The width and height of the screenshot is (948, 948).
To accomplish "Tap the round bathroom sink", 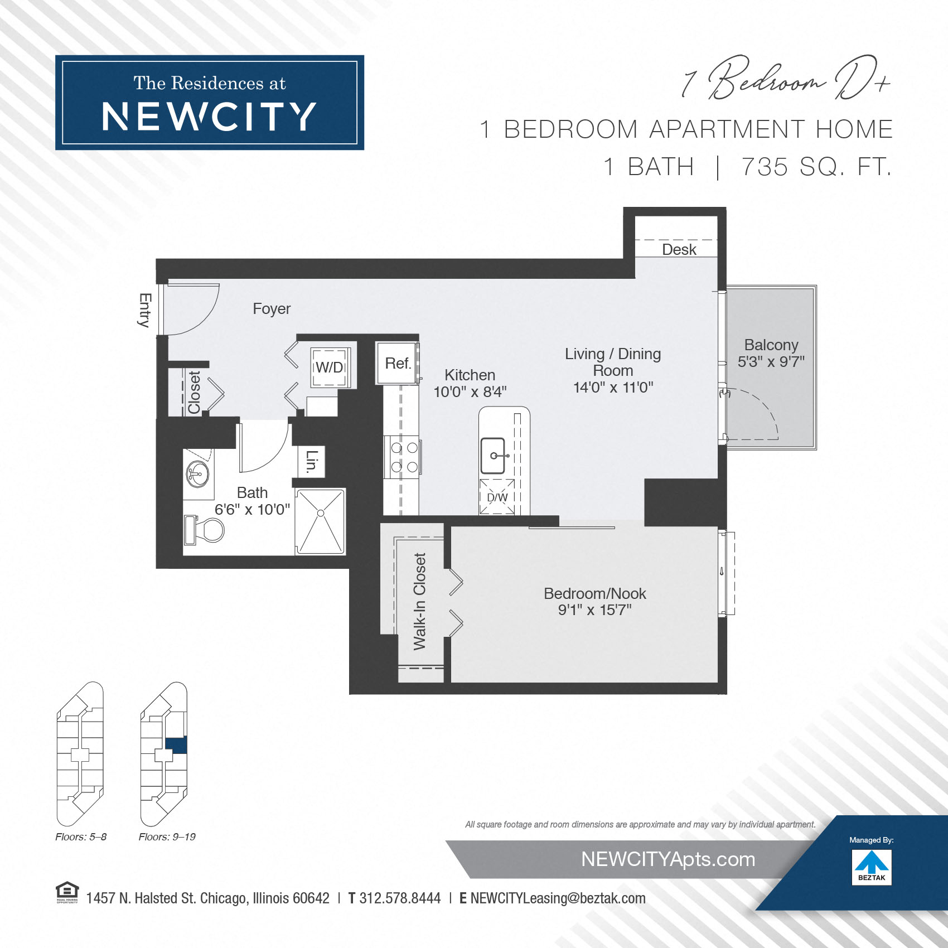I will point(197,474).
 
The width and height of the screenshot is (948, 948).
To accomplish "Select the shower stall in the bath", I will point(320,521).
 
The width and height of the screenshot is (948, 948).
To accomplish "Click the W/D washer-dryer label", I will point(330,367).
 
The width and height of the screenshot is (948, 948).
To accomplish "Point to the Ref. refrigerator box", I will point(398,364).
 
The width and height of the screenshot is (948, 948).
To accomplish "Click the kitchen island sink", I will point(494,456).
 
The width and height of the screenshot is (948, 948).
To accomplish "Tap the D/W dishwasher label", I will point(497,497).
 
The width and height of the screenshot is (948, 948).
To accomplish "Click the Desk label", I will point(679,249).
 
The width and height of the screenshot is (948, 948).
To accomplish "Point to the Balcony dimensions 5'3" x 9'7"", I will point(771,362).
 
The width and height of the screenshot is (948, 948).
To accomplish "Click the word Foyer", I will point(272,309).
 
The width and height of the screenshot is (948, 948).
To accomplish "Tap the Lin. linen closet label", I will point(311,461).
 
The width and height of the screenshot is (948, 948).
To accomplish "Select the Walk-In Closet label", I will point(419,601).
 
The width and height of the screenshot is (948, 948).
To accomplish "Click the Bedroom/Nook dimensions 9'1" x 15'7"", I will point(594,610).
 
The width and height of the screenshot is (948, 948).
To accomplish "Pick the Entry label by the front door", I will point(145,309).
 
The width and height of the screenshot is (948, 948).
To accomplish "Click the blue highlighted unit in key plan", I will point(176,744).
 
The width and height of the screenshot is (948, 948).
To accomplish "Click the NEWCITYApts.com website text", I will point(668,859).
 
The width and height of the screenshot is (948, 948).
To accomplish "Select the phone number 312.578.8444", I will point(399,898).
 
